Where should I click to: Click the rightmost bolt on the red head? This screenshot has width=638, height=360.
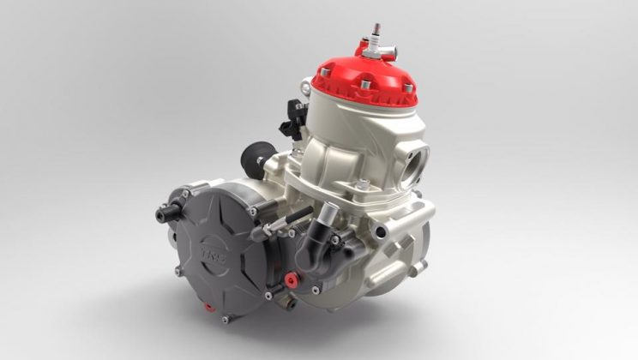click(x=408, y=88)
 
